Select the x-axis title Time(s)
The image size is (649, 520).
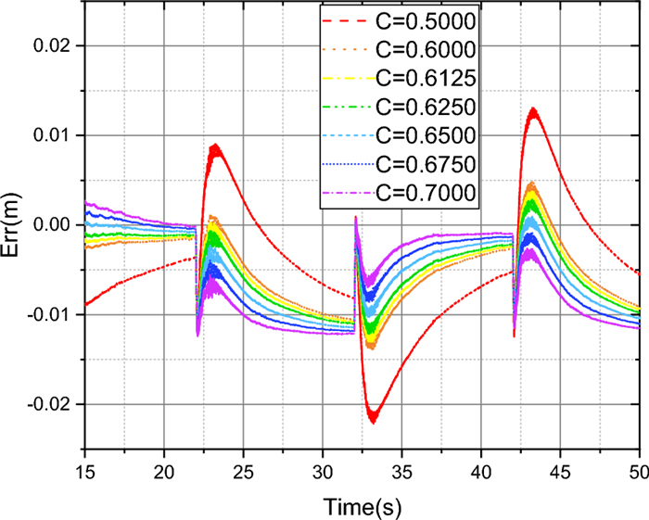click(x=362, y=506)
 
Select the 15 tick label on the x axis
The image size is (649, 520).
click(x=85, y=473)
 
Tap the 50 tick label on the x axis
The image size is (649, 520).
click(x=639, y=473)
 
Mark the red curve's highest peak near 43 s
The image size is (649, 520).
click(x=532, y=108)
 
